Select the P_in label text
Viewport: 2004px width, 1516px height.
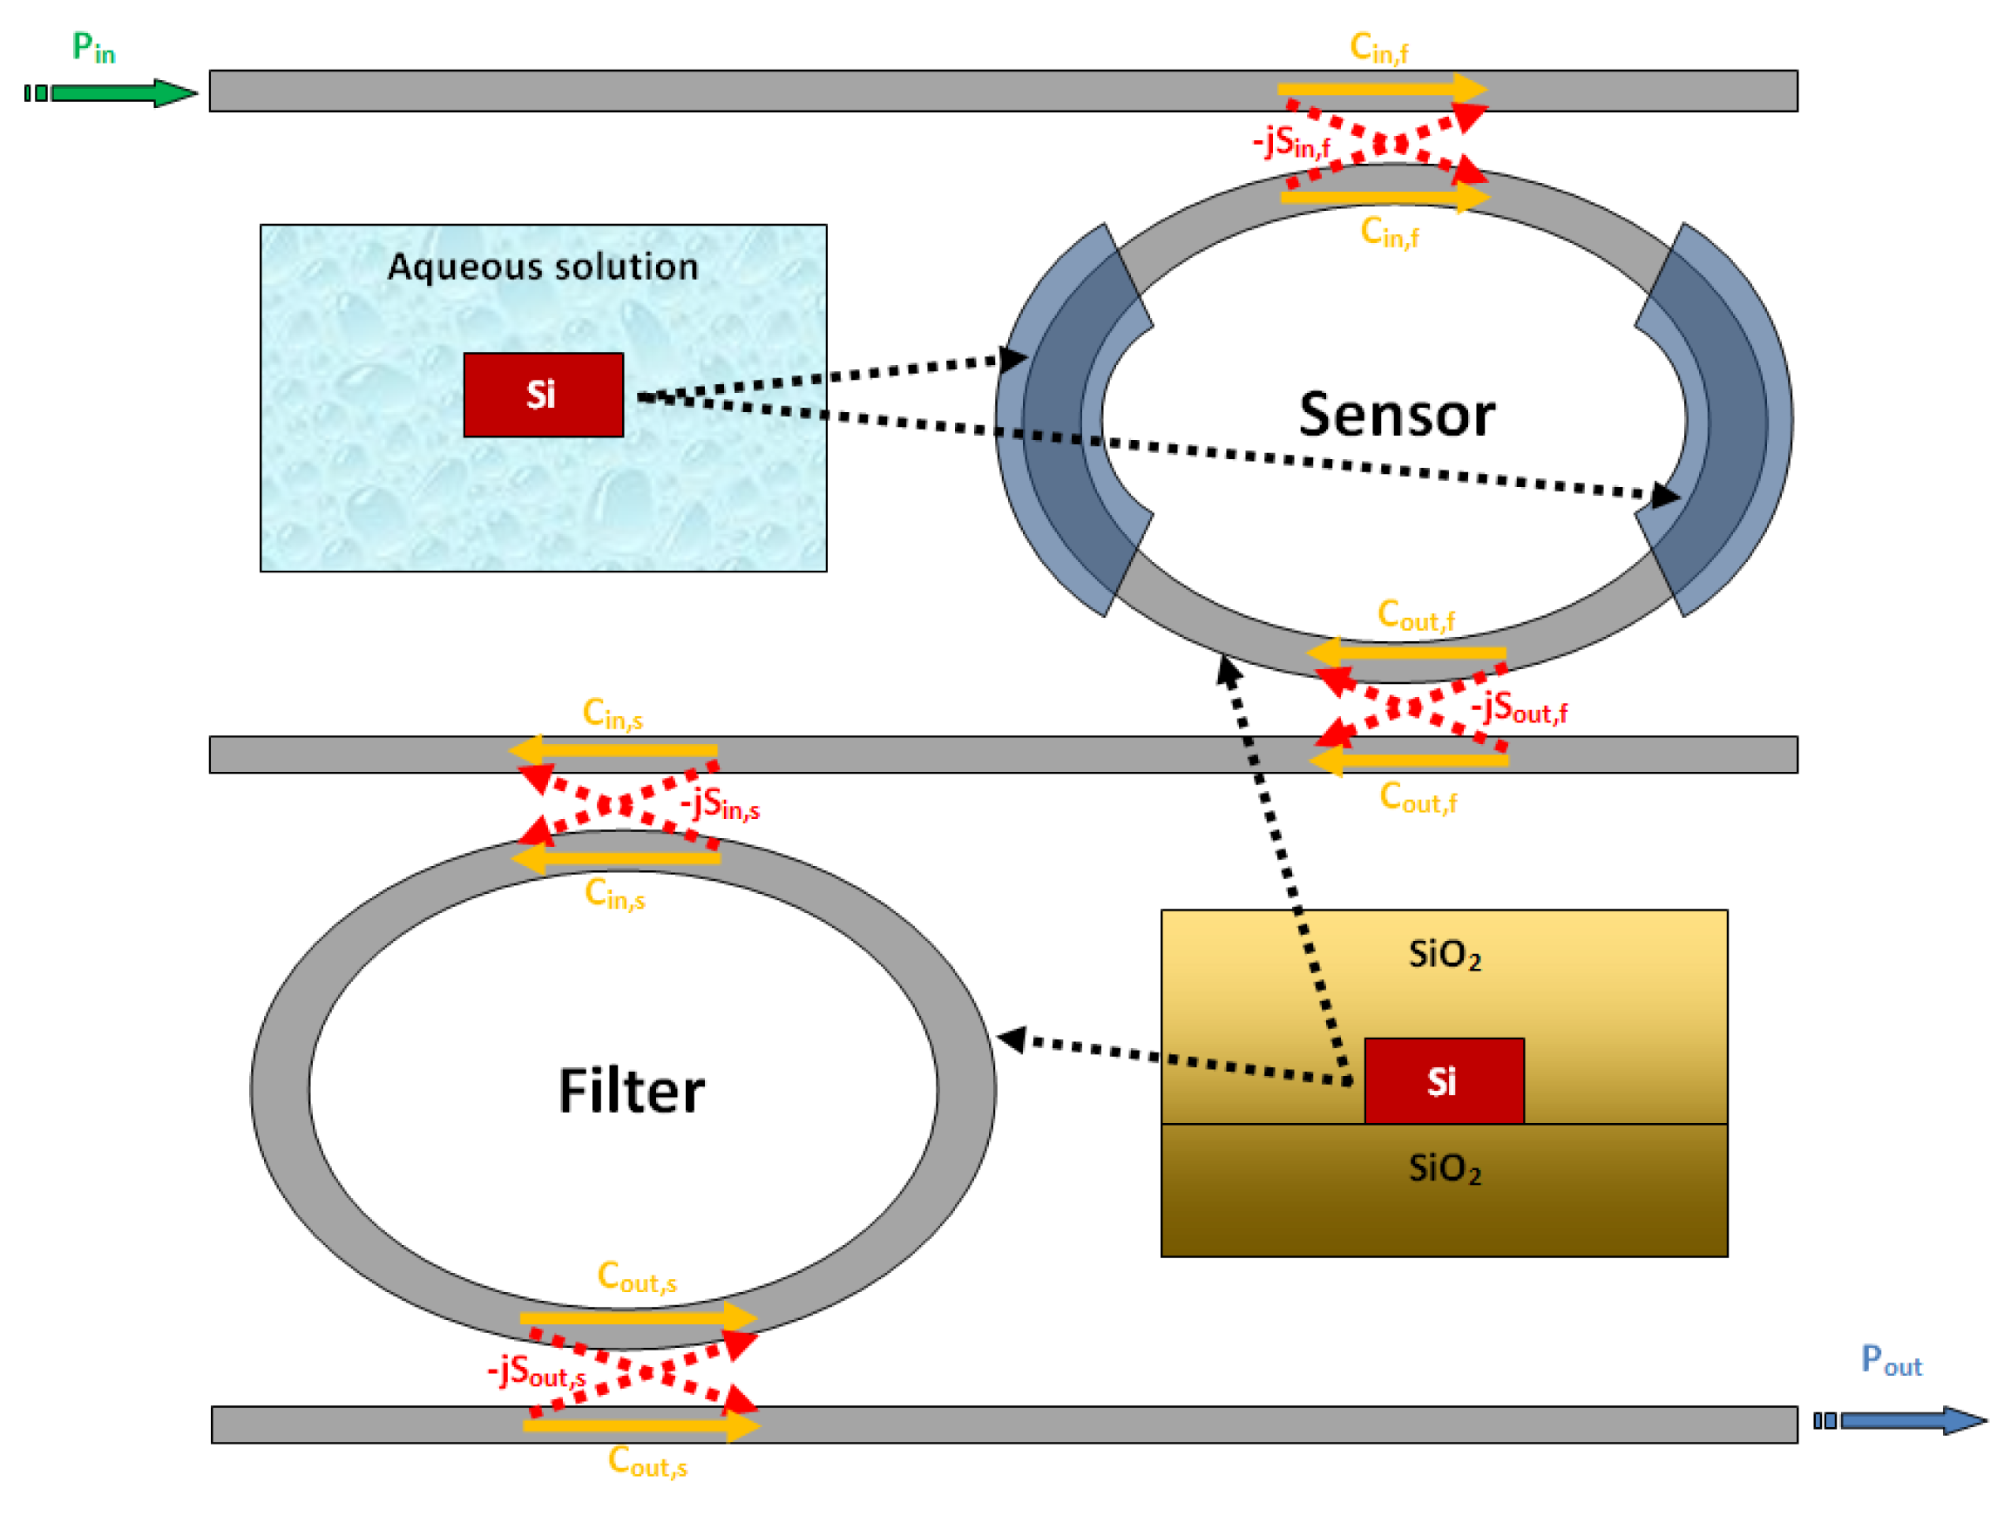tap(93, 47)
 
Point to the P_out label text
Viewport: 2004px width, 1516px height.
tap(1891, 1361)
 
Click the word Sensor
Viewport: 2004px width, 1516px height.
tap(1396, 416)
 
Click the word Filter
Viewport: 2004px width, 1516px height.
tap(632, 1091)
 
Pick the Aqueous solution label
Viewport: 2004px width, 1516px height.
tap(543, 267)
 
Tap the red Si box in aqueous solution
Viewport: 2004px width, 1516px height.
tap(543, 395)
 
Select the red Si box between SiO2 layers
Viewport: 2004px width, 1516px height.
tap(1443, 1081)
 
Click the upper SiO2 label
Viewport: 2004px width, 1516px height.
tap(1444, 955)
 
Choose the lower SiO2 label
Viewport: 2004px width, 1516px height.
tap(1444, 1169)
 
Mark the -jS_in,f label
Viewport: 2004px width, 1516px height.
tap(1291, 143)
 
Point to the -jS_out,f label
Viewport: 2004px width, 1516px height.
tap(1520, 707)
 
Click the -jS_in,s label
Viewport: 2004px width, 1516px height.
tap(721, 804)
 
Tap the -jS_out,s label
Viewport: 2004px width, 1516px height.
tap(537, 1371)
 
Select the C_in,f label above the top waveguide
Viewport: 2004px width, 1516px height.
tap(1379, 47)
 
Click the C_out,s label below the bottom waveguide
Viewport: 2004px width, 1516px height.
tap(647, 1462)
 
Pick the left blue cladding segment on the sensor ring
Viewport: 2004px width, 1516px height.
tap(1069, 422)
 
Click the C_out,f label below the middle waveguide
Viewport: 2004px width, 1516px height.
tap(1418, 798)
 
